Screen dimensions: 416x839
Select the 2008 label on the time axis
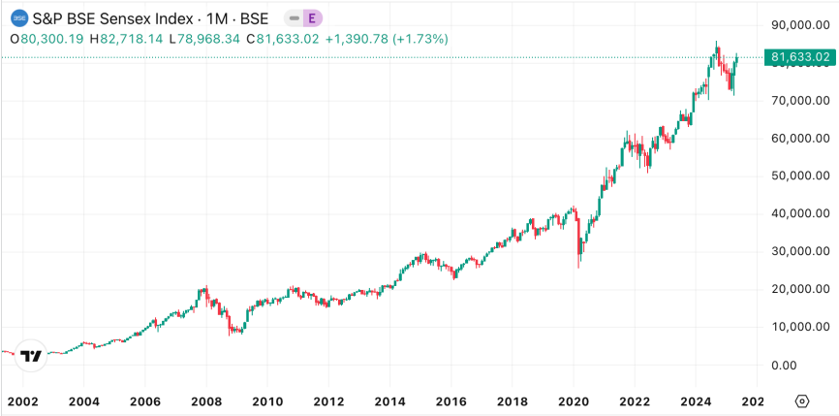tap(205, 401)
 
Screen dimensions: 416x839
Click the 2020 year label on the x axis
tap(574, 401)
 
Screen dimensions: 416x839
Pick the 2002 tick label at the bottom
tap(21, 401)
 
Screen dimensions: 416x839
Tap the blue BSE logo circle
tap(18, 18)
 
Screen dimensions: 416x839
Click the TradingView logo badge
tap(32, 356)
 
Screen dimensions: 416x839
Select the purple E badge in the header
tap(311, 18)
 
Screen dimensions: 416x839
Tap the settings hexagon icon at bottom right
tap(801, 401)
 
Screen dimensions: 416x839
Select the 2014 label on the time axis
tap(389, 401)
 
